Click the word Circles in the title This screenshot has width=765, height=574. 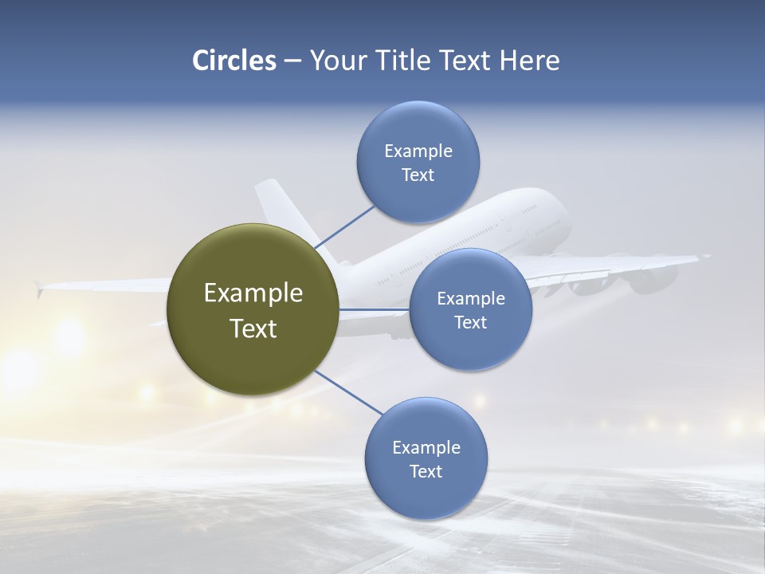click(233, 61)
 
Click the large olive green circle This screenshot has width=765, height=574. click(253, 309)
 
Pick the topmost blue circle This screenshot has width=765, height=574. click(418, 163)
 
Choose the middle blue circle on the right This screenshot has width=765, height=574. click(470, 309)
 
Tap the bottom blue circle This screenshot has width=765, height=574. click(426, 458)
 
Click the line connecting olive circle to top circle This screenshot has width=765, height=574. click(346, 227)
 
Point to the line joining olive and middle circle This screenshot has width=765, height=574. click(375, 309)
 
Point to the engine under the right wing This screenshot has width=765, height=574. click(649, 278)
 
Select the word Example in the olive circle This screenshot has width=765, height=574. click(253, 293)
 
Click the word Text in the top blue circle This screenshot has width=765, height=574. click(418, 175)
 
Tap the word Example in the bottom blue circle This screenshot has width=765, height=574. click(426, 447)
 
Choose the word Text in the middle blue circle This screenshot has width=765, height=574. click(470, 322)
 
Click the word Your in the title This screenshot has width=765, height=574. click(333, 61)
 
